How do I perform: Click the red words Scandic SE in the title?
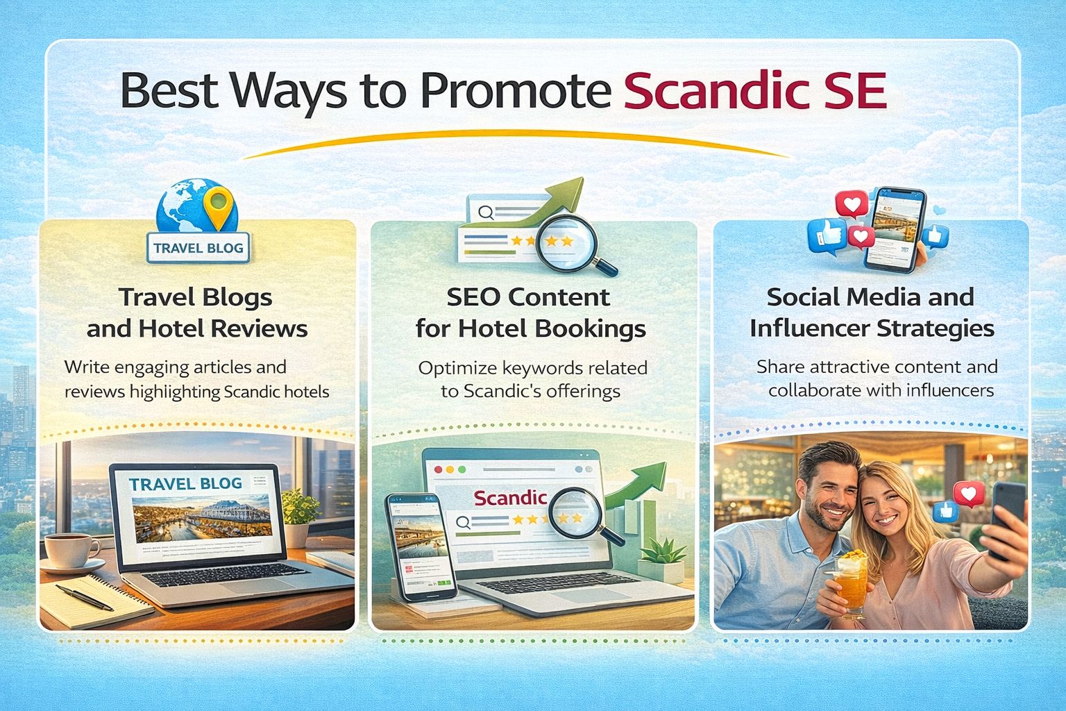pos(755,91)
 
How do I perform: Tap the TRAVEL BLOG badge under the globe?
pos(198,248)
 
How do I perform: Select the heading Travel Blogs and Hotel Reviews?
pos(196,312)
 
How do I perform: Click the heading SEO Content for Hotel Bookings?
pos(530,312)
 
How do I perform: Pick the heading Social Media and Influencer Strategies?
pos(871,312)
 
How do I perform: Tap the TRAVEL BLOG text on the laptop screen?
pos(185,484)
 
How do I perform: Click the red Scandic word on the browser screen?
pos(510,498)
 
